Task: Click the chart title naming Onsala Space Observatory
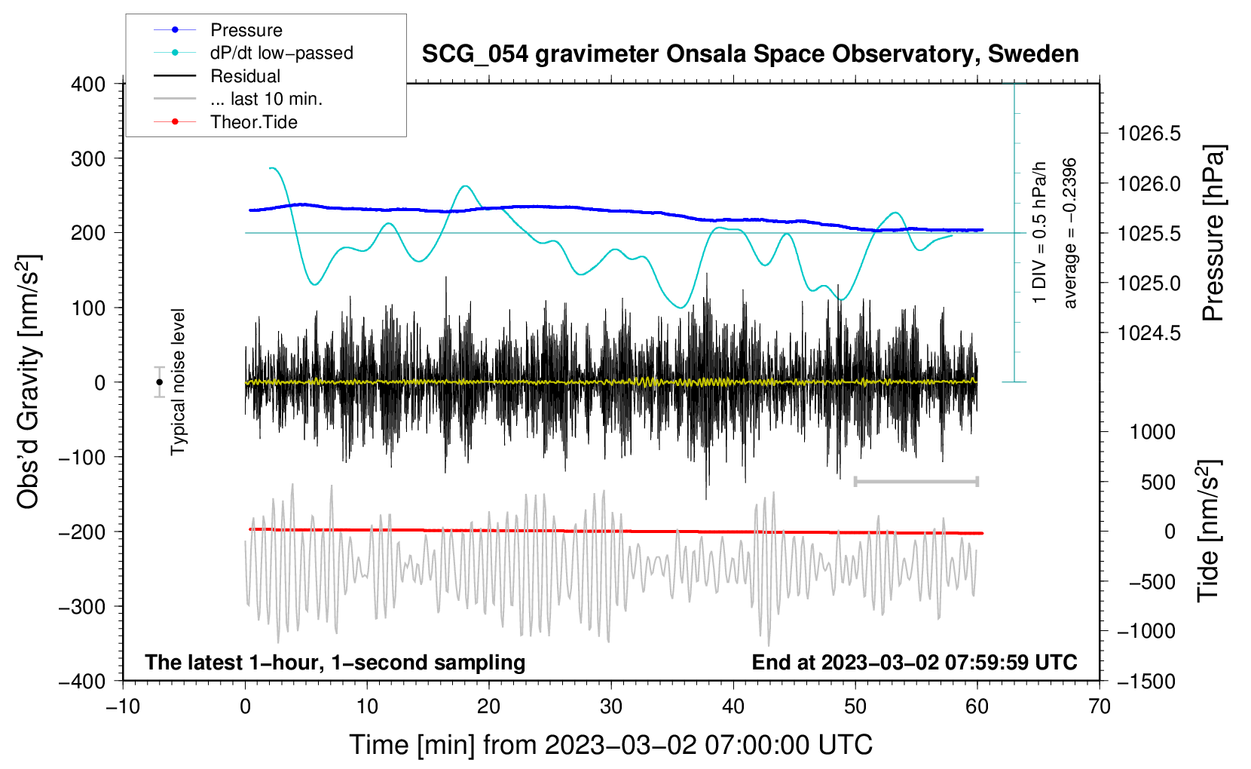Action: click(x=750, y=54)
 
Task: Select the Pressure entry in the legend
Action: click(x=246, y=29)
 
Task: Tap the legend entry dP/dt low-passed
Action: click(x=282, y=53)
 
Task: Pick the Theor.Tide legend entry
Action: click(x=253, y=122)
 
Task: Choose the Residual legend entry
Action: click(x=245, y=76)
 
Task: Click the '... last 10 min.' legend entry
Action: click(x=266, y=99)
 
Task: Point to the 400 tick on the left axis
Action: click(x=88, y=84)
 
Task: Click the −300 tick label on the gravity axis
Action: click(x=82, y=606)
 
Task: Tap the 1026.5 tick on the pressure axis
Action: click(x=1149, y=133)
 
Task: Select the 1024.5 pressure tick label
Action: click(x=1149, y=333)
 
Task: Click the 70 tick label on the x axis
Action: click(x=1099, y=706)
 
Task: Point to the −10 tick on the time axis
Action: click(x=123, y=706)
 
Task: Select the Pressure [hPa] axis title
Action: click(x=1213, y=233)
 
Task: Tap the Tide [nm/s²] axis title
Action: click(x=1209, y=531)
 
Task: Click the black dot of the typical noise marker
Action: click(x=160, y=382)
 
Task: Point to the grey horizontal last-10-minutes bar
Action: click(x=916, y=481)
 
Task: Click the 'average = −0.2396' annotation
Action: click(x=1069, y=233)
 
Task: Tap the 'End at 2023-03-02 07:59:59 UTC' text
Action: click(x=914, y=662)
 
